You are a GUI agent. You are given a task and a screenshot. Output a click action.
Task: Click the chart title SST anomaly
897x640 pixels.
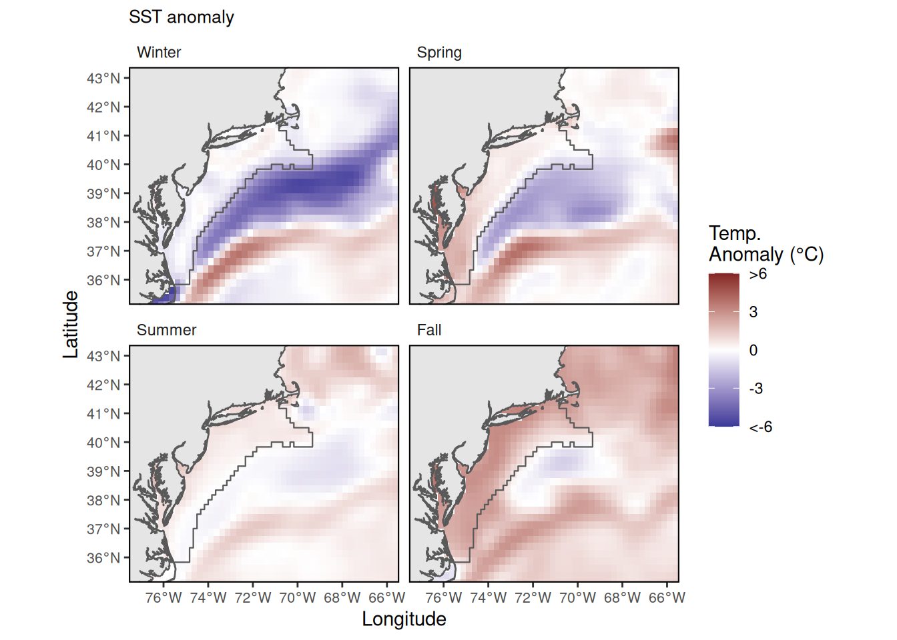coord(181,17)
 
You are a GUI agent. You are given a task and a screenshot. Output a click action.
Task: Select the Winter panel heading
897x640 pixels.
coord(159,53)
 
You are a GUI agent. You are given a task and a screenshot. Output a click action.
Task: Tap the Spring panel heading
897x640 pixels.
coord(439,53)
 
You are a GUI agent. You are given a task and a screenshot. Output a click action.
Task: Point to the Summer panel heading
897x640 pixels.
coord(166,331)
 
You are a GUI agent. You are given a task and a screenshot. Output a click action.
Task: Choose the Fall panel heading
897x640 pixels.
coord(429,331)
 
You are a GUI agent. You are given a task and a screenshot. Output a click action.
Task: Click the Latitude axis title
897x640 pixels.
coord(71,325)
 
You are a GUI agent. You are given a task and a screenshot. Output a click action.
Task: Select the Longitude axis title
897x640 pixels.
coord(404,619)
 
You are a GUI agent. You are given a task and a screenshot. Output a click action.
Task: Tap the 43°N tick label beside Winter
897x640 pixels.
coord(103,79)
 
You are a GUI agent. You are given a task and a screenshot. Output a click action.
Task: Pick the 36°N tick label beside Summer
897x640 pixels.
coord(103,558)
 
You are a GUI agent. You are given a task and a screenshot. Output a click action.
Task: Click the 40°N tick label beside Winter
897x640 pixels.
coord(103,165)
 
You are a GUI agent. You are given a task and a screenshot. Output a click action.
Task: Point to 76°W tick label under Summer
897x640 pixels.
coord(164,598)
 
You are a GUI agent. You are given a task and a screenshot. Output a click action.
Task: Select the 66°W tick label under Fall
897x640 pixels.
coord(667,598)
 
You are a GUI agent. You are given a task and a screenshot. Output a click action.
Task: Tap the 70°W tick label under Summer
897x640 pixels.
coord(298,598)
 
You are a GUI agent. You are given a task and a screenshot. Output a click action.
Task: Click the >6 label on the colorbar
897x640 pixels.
coord(758,275)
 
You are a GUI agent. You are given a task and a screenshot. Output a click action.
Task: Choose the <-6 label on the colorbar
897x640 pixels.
coord(760,427)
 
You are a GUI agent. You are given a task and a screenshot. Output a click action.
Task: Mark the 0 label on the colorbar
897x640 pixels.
coord(754,351)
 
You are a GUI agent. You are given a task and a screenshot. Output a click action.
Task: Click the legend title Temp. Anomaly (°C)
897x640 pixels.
coord(766,244)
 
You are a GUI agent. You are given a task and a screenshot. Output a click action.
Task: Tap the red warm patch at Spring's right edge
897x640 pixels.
coord(669,141)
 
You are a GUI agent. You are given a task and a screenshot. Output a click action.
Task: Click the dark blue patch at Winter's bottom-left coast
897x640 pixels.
coord(166,294)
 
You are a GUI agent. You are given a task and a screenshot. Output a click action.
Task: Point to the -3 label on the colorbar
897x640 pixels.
coord(756,389)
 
